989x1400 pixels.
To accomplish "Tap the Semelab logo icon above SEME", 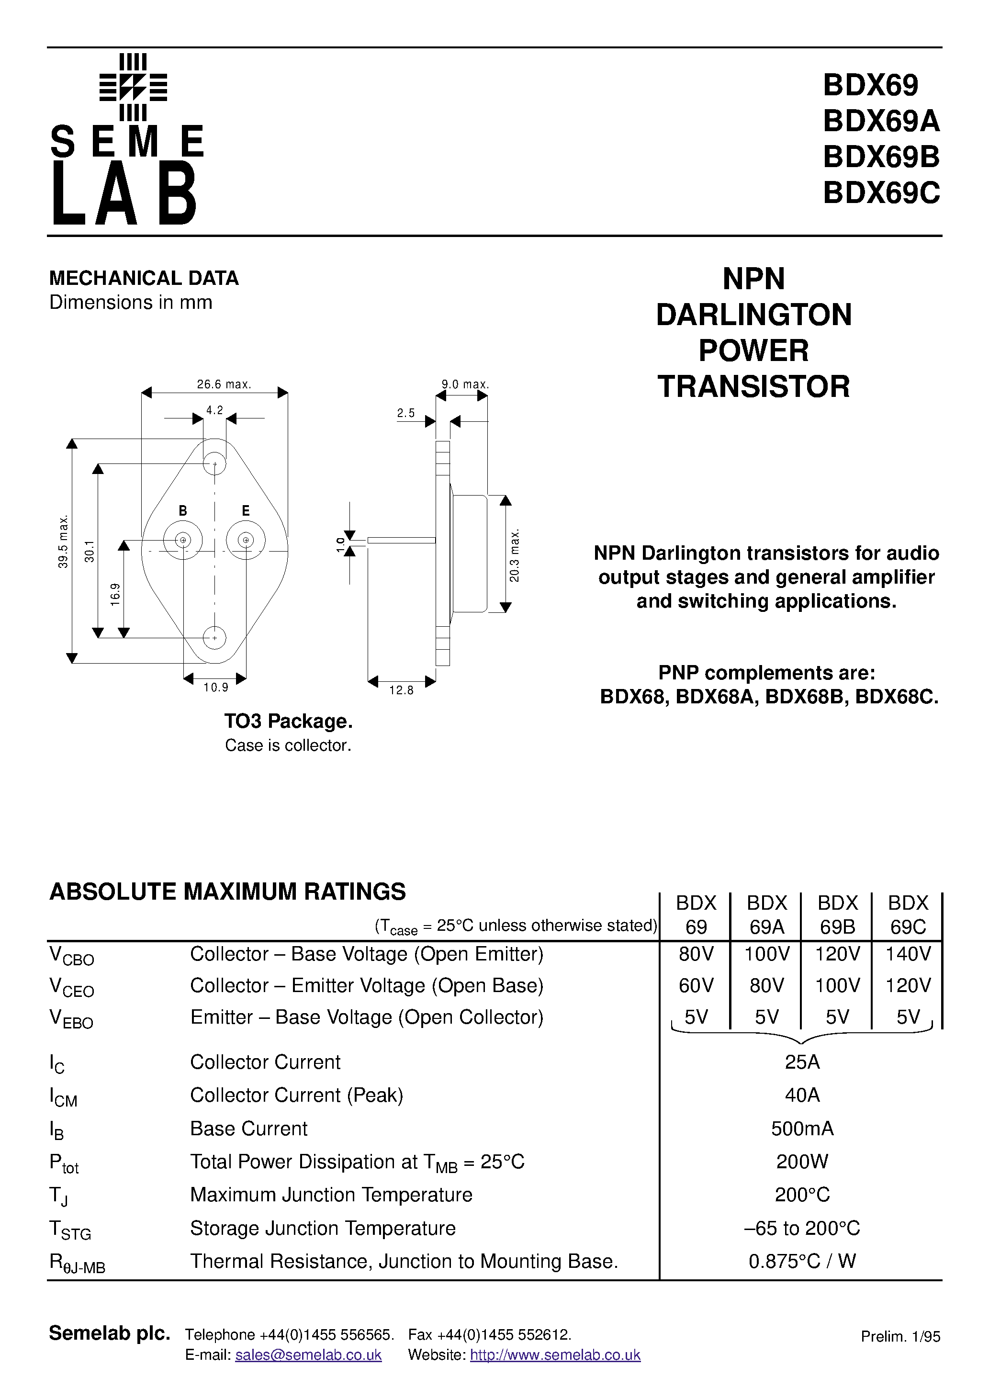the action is tap(133, 87).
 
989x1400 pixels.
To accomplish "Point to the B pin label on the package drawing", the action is tap(182, 511).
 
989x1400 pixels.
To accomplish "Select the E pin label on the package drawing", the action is tap(246, 511).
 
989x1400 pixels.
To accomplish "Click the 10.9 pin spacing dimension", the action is tap(215, 688).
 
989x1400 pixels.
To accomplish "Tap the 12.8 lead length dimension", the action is tap(401, 690).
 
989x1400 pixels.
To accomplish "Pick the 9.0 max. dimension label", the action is tap(465, 384).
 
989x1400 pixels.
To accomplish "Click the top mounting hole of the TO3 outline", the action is tap(214, 464).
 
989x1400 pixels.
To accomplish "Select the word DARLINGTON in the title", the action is tap(753, 315).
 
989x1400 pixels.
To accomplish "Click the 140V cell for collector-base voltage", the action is tap(908, 954).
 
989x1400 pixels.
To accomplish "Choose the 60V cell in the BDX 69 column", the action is tap(696, 985).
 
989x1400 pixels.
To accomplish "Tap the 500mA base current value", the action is tap(802, 1129).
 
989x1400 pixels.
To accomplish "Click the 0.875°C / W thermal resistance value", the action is tap(802, 1261).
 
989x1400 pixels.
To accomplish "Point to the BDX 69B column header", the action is tap(837, 915).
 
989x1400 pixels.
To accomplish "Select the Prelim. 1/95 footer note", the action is tap(900, 1337).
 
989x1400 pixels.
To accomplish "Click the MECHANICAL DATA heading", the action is tap(144, 279).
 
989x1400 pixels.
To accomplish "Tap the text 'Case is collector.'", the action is tap(288, 746).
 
